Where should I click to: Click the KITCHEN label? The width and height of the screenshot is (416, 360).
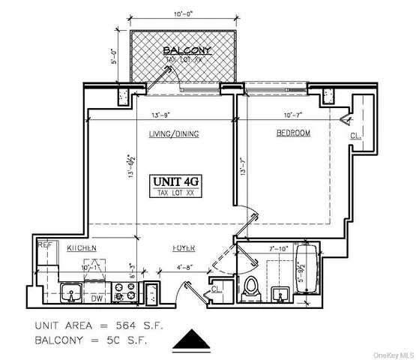point(80,247)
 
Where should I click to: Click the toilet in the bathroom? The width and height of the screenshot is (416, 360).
point(252,286)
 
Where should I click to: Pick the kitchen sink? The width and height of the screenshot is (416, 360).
point(72,292)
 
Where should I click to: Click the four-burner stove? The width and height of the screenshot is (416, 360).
point(124,293)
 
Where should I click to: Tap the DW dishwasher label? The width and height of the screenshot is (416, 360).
point(97,297)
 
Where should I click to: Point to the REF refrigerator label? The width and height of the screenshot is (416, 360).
point(44,244)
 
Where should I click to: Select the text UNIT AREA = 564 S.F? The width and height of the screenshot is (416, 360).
point(97,326)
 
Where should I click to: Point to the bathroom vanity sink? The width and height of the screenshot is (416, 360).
point(281,293)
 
